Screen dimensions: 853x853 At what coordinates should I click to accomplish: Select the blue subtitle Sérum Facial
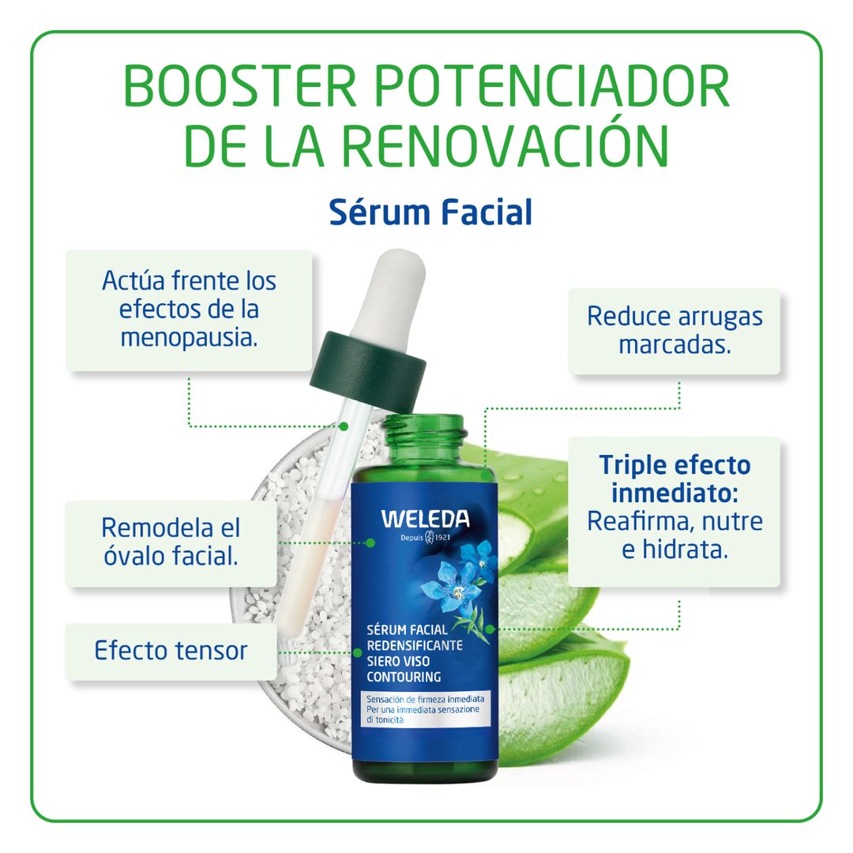(x=430, y=212)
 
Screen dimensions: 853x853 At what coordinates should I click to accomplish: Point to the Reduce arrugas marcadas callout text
(x=675, y=330)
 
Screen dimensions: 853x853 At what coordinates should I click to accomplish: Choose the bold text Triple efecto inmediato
(x=675, y=479)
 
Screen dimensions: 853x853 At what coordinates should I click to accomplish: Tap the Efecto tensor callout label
(x=171, y=651)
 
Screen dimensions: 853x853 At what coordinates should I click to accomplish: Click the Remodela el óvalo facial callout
(x=171, y=541)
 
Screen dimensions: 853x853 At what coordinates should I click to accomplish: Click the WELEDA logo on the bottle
(x=425, y=519)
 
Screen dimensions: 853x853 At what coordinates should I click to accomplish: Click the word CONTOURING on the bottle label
(x=404, y=677)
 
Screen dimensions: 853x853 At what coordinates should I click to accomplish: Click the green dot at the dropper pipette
(x=344, y=426)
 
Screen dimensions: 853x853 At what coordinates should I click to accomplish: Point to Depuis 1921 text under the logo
(x=425, y=538)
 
